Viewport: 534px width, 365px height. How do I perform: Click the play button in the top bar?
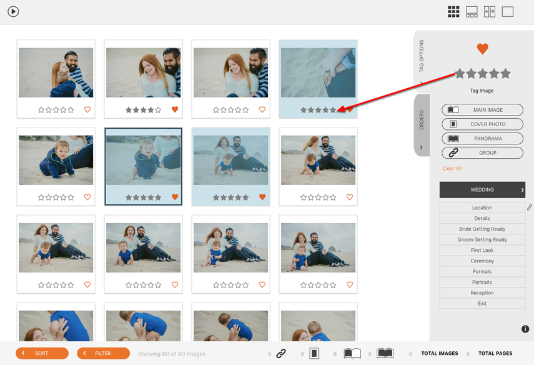[13, 12]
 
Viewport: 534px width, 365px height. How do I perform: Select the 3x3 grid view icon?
[453, 12]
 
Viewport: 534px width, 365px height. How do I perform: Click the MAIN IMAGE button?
[482, 110]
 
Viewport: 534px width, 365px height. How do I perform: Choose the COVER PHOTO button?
[482, 124]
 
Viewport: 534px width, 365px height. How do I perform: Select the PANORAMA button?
[482, 138]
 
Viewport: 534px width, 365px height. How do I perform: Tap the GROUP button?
[482, 152]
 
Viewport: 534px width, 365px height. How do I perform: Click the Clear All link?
[452, 168]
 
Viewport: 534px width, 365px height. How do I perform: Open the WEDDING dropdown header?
[482, 190]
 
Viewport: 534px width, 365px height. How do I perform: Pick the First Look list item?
[482, 250]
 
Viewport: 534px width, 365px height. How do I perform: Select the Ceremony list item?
[482, 261]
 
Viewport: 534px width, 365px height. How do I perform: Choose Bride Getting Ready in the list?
[482, 229]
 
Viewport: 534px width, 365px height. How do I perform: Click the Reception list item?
[482, 292]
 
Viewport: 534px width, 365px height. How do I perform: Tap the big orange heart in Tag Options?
[482, 49]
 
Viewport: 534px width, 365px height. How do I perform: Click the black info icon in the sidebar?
[525, 329]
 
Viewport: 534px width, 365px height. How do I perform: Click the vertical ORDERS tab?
[422, 125]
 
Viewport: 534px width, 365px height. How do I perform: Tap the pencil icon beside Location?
[529, 207]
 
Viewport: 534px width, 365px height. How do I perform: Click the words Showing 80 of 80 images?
[172, 354]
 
